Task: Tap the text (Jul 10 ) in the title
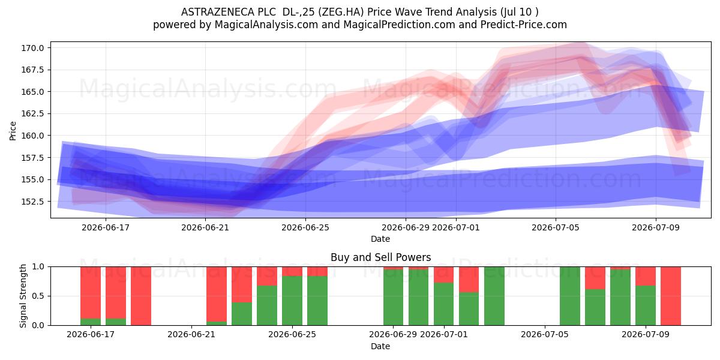[x=519, y=12]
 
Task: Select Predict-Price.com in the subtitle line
[x=524, y=25]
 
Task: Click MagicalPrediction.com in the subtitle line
[x=399, y=25]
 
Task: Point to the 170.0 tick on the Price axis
[x=32, y=48]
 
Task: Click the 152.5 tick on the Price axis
[x=32, y=202]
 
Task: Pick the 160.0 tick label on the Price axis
[x=32, y=136]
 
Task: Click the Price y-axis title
[x=13, y=131]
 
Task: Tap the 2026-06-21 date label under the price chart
[x=205, y=227]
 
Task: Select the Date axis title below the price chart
[x=380, y=239]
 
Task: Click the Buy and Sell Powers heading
[x=380, y=257]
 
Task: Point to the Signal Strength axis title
[x=23, y=296]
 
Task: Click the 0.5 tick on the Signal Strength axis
[x=38, y=296]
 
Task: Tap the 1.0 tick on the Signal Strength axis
[x=38, y=267]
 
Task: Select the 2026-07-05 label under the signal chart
[x=545, y=335]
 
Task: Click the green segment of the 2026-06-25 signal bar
[x=292, y=301]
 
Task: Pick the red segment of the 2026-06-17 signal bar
[x=91, y=293]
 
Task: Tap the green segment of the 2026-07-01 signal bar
[x=443, y=304]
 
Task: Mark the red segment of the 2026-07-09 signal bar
[x=646, y=276]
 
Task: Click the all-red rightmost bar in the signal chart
[x=671, y=296]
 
